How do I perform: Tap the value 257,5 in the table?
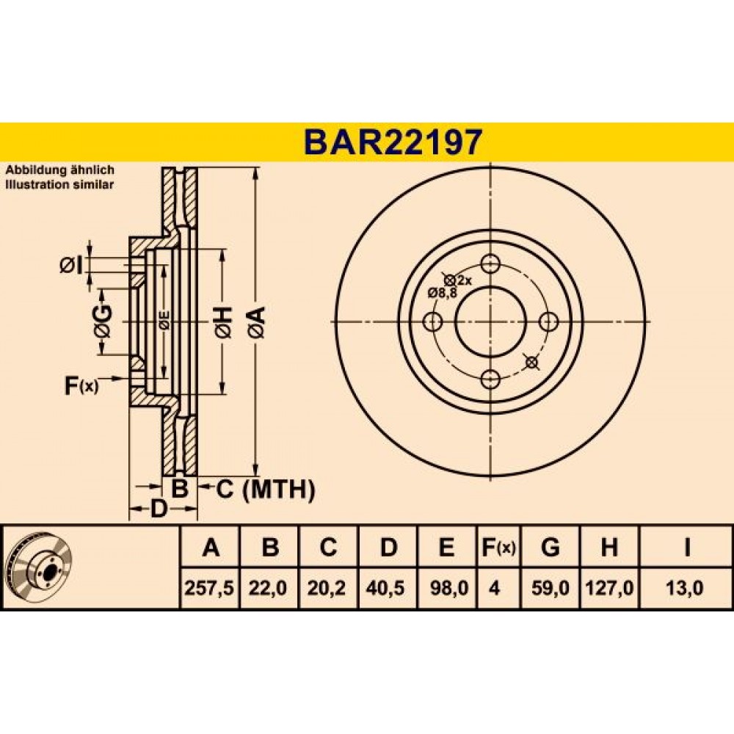(208, 588)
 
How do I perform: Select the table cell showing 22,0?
(268, 588)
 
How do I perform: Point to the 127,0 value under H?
(609, 588)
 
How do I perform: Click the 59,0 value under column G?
(550, 588)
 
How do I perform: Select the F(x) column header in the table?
(498, 548)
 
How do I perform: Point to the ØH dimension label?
(223, 322)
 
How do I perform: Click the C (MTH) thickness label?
(265, 490)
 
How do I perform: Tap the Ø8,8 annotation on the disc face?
(443, 293)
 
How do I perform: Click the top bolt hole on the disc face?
(490, 264)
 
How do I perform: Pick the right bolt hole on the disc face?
(548, 322)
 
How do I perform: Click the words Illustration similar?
(59, 185)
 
